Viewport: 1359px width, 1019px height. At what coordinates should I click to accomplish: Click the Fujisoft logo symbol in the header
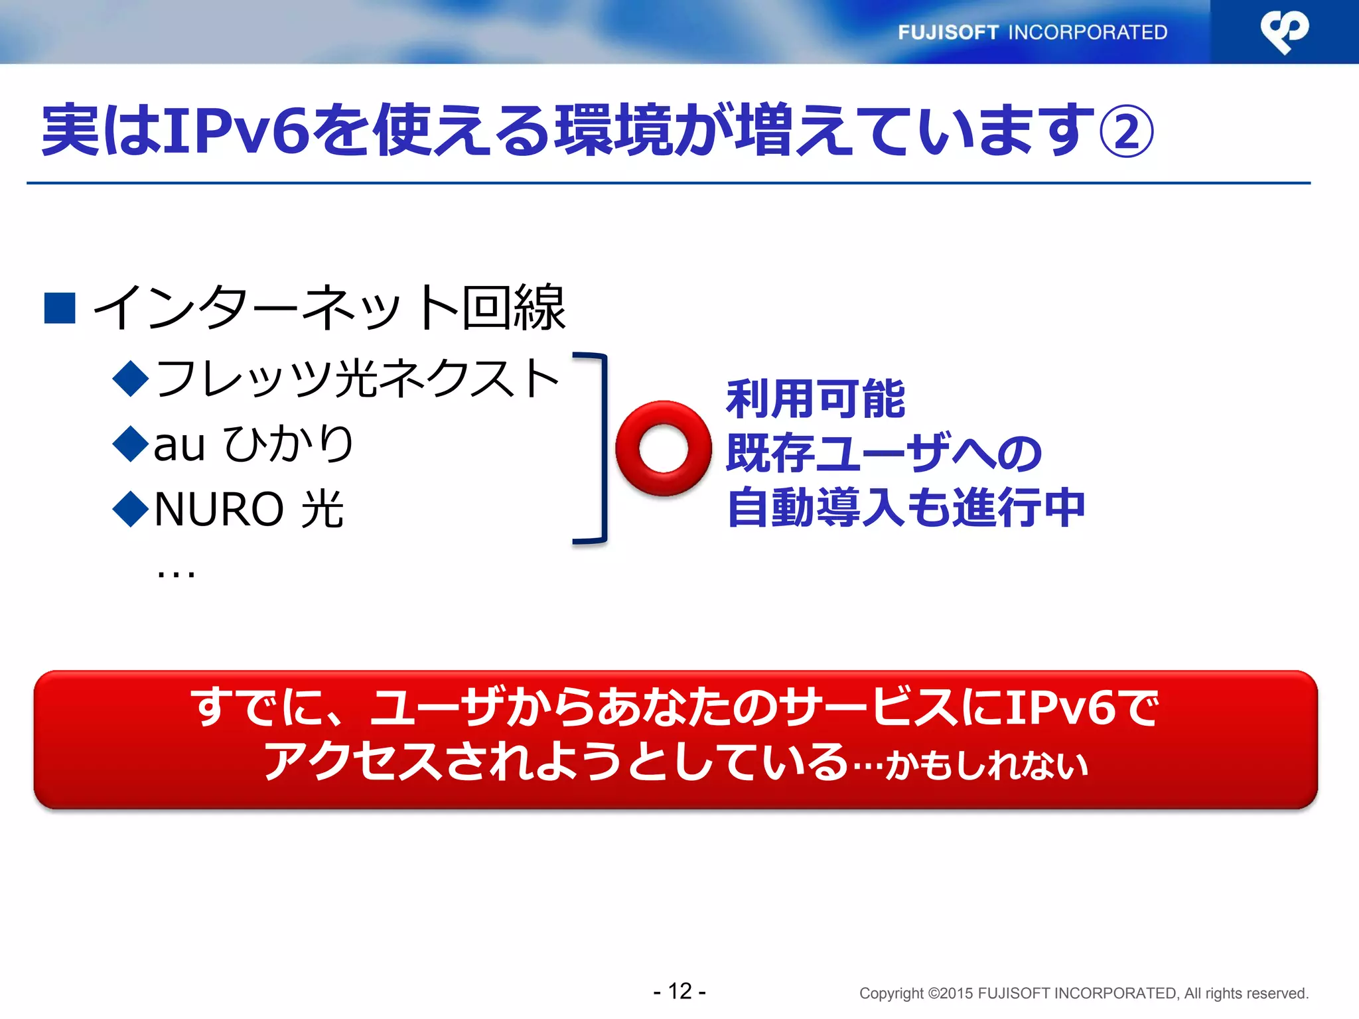[1285, 31]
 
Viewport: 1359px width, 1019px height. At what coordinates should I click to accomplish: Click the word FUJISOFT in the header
[948, 33]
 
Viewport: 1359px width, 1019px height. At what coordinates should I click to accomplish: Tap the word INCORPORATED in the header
[1088, 33]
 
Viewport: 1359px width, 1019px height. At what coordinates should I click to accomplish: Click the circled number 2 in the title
[1126, 131]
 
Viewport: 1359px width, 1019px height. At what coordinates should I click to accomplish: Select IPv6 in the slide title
[236, 130]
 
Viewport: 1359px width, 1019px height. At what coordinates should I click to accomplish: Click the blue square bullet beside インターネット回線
[60, 308]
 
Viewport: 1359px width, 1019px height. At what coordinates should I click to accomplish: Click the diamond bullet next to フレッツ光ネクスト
[131, 378]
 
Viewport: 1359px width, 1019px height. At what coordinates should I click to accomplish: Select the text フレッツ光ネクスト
[357, 378]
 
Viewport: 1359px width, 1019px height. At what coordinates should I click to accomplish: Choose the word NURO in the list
[219, 509]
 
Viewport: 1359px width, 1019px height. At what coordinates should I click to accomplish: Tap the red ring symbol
[663, 448]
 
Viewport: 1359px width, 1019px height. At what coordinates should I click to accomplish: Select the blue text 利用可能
[816, 399]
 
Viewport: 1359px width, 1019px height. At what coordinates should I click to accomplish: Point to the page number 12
[679, 991]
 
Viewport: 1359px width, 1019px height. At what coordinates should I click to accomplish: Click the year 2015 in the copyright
[957, 993]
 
